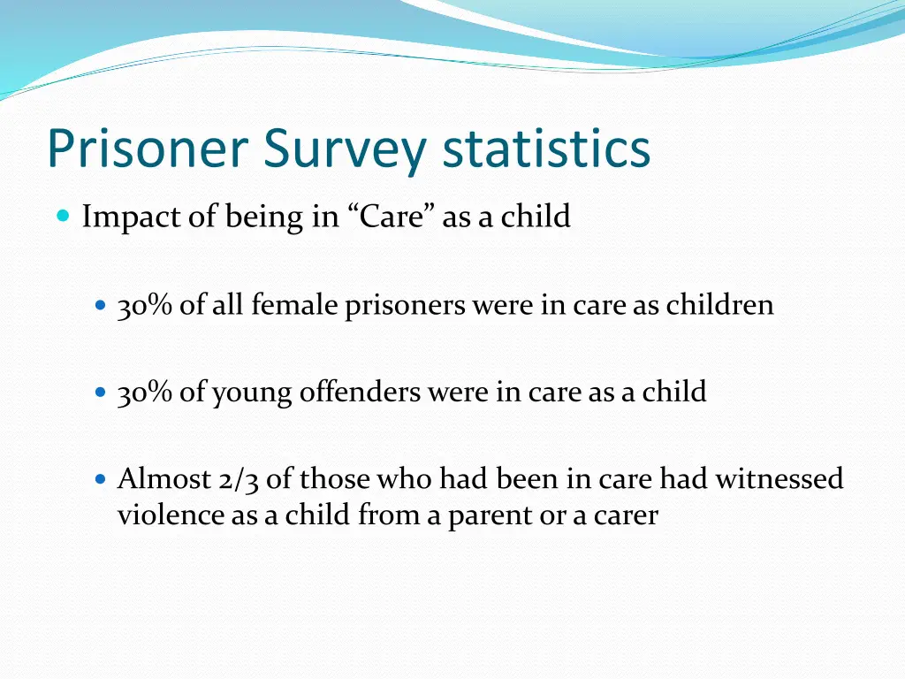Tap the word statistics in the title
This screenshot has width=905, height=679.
547,149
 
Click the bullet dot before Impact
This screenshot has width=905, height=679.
63,216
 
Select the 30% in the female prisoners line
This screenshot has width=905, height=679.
145,305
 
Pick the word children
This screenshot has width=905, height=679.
719,305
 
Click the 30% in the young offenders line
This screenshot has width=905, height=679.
145,392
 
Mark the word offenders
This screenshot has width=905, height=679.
360,392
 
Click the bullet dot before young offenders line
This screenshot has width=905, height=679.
100,391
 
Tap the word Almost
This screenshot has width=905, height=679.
163,479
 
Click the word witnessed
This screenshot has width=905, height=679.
779,479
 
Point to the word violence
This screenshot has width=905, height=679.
171,515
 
